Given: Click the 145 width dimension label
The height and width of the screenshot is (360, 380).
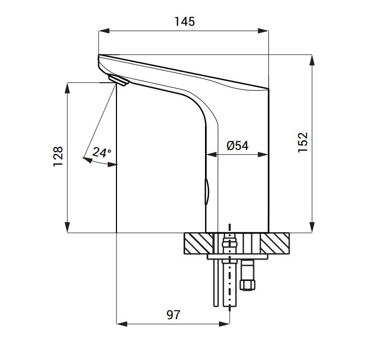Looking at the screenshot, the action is [185, 21].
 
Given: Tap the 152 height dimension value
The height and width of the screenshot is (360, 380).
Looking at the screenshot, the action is [303, 142].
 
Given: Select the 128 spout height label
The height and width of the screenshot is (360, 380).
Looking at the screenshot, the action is [58, 156].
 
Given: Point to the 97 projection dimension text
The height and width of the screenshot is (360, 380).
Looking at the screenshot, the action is [173, 315].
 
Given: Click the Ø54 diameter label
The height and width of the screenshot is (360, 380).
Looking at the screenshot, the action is [237, 146].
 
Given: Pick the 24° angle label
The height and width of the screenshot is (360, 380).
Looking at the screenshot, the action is [102, 153].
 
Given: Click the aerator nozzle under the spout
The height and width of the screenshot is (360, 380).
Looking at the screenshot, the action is [119, 80].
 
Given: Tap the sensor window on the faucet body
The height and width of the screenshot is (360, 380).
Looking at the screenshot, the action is [207, 192].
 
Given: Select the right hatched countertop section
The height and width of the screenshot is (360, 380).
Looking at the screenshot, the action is [275, 243].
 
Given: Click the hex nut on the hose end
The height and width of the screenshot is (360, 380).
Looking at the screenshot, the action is [247, 284].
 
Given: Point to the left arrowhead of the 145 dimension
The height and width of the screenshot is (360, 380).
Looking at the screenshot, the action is [104, 31].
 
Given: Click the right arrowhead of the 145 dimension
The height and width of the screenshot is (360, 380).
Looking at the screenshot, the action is [263, 31].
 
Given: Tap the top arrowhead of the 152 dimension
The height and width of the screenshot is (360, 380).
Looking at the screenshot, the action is [312, 60].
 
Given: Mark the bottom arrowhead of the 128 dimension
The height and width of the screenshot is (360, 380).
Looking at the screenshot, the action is [67, 227].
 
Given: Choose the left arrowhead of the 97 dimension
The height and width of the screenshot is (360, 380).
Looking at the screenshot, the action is [122, 323].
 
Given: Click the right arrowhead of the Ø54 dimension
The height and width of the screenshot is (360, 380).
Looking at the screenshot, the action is [263, 155].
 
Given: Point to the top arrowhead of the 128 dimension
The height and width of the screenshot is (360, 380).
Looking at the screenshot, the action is [67, 88].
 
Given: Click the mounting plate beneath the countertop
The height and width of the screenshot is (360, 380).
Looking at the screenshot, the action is [237, 257].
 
